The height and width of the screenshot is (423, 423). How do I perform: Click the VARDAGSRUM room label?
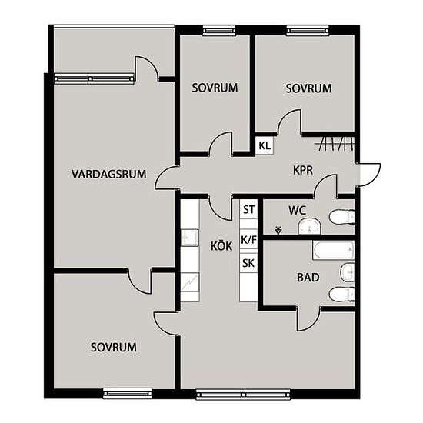click(x=109, y=174)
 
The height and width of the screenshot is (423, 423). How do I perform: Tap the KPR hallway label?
click(x=303, y=170)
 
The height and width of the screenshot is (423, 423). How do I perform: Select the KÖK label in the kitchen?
click(x=221, y=246)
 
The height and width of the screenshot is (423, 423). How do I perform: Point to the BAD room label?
click(x=308, y=278)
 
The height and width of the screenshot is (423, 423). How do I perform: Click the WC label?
click(x=297, y=211)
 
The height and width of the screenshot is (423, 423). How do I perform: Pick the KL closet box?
click(x=265, y=145)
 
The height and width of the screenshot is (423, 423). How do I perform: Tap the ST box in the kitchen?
click(x=248, y=209)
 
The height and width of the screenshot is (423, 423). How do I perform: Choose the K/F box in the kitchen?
click(x=248, y=239)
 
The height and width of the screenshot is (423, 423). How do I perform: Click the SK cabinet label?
click(x=248, y=263)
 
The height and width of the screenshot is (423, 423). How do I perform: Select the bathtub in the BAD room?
click(x=334, y=251)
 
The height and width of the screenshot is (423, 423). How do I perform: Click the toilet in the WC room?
click(x=341, y=217)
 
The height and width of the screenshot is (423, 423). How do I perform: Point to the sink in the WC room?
click(x=310, y=226)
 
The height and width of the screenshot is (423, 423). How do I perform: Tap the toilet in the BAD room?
click(x=341, y=294)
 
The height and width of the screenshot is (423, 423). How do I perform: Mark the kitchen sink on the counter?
click(x=190, y=238)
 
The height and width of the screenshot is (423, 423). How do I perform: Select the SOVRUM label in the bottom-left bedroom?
click(x=114, y=347)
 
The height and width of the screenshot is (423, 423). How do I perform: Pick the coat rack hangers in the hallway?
click(x=335, y=144)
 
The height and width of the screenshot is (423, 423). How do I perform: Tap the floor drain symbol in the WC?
click(x=278, y=231)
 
